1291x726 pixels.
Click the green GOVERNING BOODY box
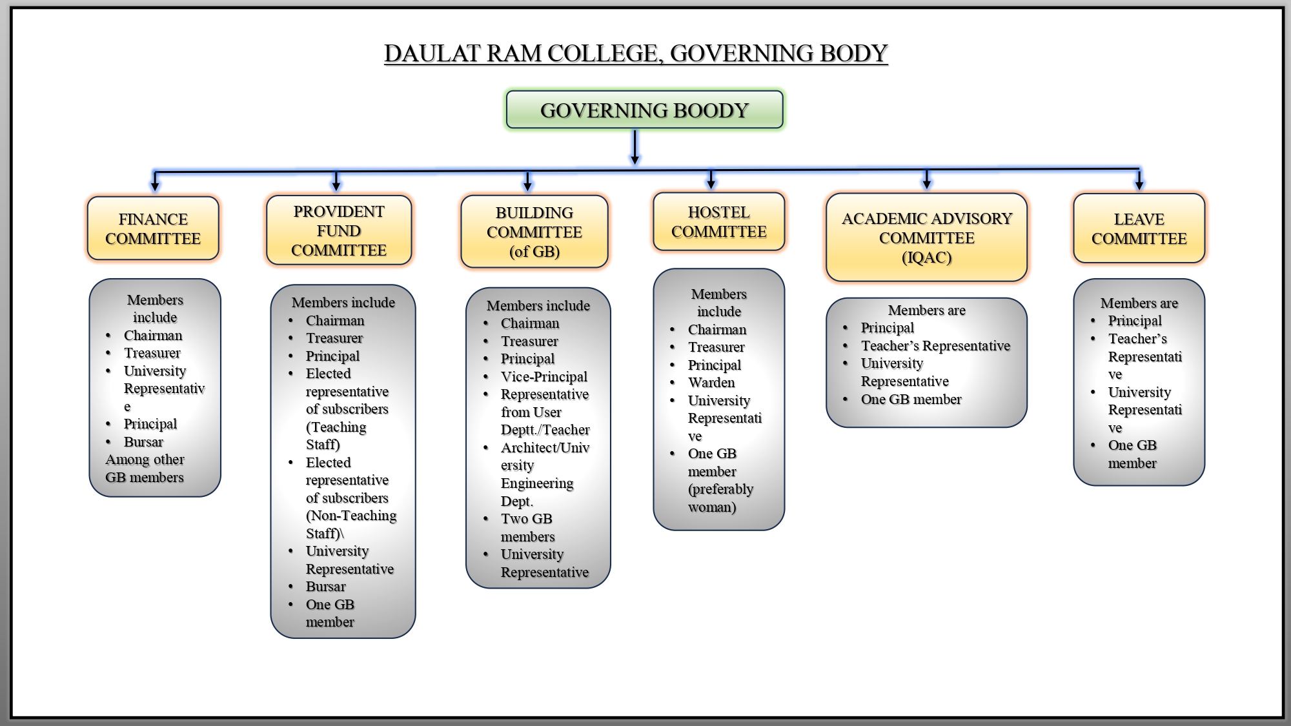tap(644, 110)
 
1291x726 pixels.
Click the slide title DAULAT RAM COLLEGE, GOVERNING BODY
tap(636, 54)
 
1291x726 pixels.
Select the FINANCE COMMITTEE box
tap(153, 229)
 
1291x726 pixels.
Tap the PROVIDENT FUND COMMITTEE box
tap(339, 231)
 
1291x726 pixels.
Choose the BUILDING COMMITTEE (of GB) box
tap(534, 232)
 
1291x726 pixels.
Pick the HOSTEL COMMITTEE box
tap(719, 222)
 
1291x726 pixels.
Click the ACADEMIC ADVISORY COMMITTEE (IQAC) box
tap(926, 238)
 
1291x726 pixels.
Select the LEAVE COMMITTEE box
tap(1139, 229)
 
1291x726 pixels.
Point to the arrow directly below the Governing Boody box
tap(635, 148)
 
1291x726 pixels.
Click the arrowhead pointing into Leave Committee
tap(1139, 185)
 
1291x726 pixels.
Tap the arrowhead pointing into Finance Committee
tap(155, 186)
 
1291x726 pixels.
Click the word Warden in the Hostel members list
tap(711, 383)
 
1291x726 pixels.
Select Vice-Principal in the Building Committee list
tap(544, 377)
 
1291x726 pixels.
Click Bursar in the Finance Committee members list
tap(143, 442)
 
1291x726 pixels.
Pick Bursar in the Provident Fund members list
tap(325, 587)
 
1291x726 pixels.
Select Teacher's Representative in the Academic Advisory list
tap(935, 346)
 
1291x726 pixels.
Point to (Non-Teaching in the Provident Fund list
tap(351, 516)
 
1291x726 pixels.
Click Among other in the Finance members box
tap(145, 459)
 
